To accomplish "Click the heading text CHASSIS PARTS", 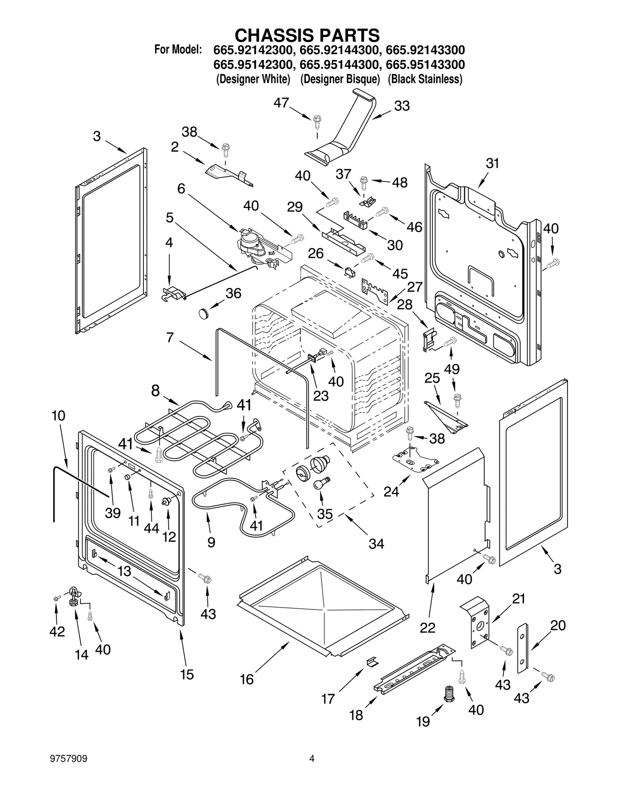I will pyautogui.click(x=307, y=36).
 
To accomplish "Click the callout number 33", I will pyautogui.click(x=402, y=106).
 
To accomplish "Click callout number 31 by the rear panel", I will pyautogui.click(x=493, y=163).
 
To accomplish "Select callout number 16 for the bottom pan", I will pyautogui.click(x=247, y=679).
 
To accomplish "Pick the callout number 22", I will pyautogui.click(x=428, y=628).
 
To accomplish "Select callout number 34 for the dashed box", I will pyautogui.click(x=376, y=544).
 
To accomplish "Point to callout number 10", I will pyautogui.click(x=58, y=416).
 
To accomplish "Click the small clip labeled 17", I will pyautogui.click(x=372, y=661).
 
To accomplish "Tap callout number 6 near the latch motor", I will pyautogui.click(x=181, y=189).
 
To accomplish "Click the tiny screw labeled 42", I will pyautogui.click(x=56, y=599).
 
